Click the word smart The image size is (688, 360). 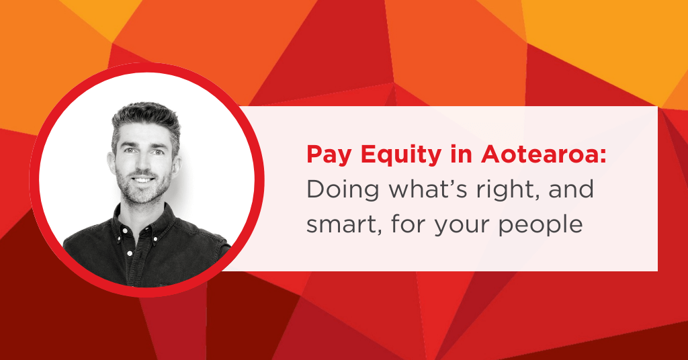coord(339,224)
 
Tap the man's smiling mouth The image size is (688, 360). coord(144,180)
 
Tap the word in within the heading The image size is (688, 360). coord(462,154)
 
